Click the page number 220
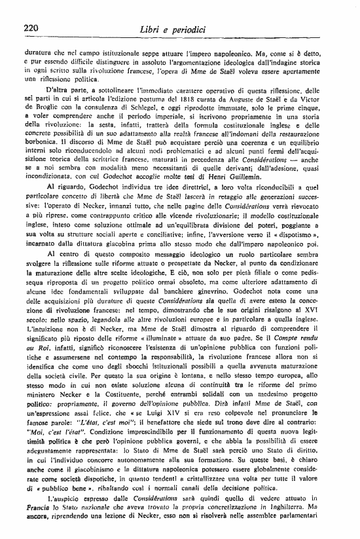coord(32,28)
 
